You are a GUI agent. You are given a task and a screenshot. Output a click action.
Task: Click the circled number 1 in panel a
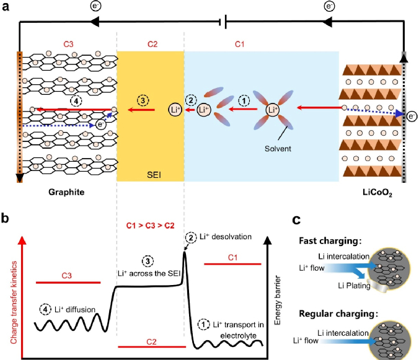[x=245, y=98]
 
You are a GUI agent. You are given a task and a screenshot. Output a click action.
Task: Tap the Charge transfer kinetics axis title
[x=10, y=291]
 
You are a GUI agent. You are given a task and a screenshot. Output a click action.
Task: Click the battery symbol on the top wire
[x=224, y=24]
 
